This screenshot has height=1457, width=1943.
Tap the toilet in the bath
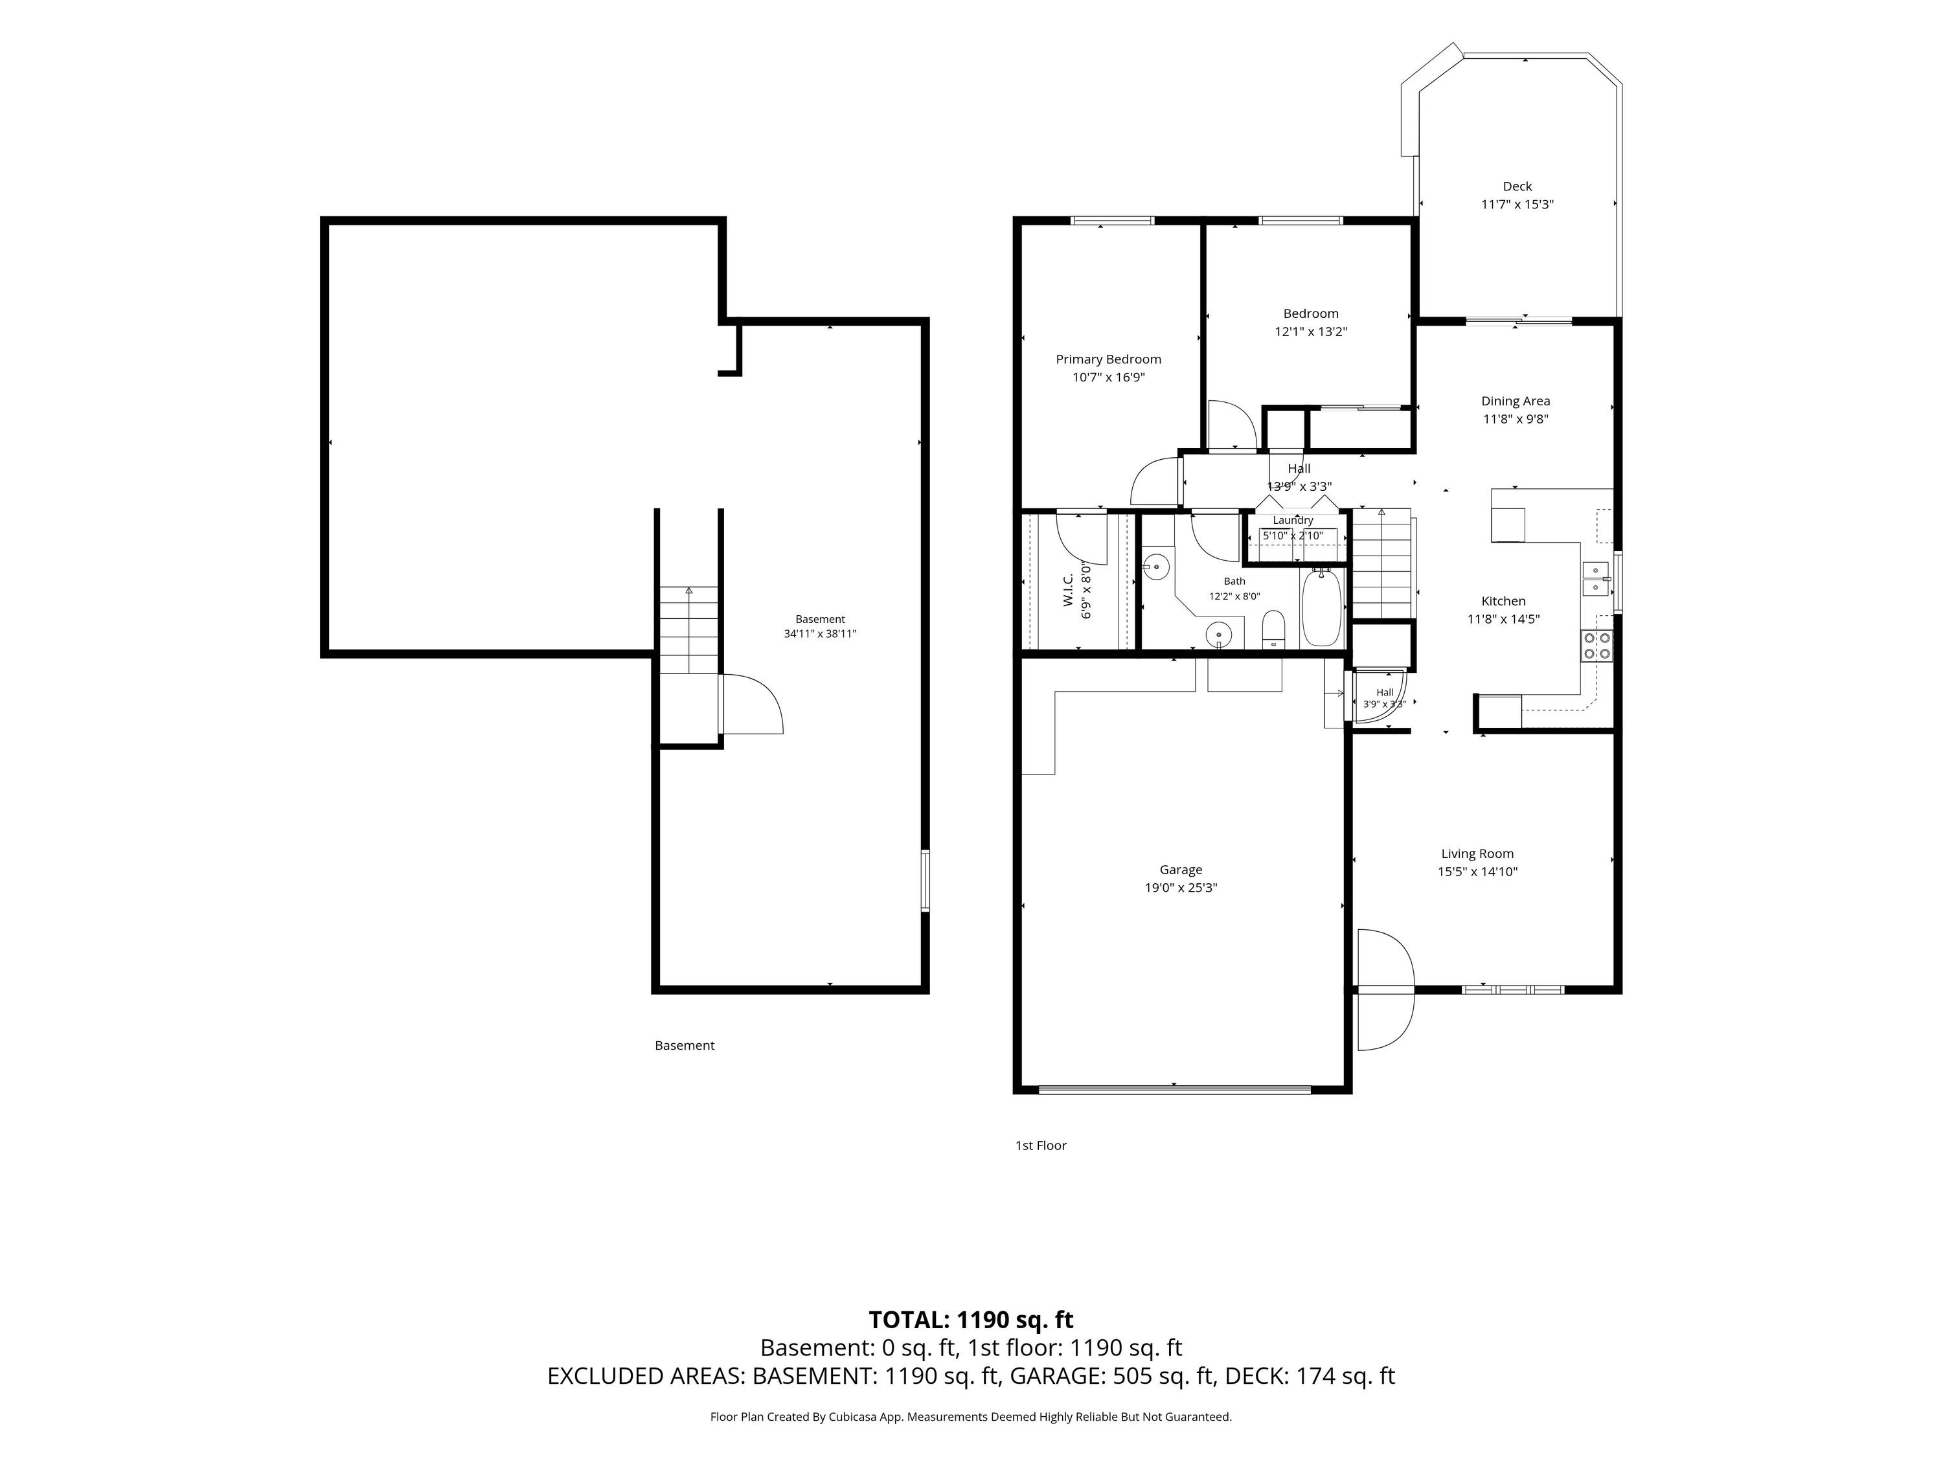[x=1274, y=631]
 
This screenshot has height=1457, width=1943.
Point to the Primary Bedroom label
[x=1109, y=359]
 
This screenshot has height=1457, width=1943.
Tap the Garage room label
[x=1181, y=870]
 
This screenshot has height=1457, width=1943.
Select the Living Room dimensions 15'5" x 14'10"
[x=1477, y=872]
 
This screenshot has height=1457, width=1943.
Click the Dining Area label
[x=1516, y=401]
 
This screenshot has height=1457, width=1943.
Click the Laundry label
[x=1293, y=520]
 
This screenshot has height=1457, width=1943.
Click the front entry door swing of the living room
[x=1385, y=989]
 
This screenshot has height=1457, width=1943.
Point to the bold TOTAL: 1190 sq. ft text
[x=971, y=1320]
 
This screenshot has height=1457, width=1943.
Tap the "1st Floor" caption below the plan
[x=1041, y=1146]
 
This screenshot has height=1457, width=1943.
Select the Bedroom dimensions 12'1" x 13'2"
[x=1311, y=332]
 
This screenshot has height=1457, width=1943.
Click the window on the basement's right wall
[x=924, y=880]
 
